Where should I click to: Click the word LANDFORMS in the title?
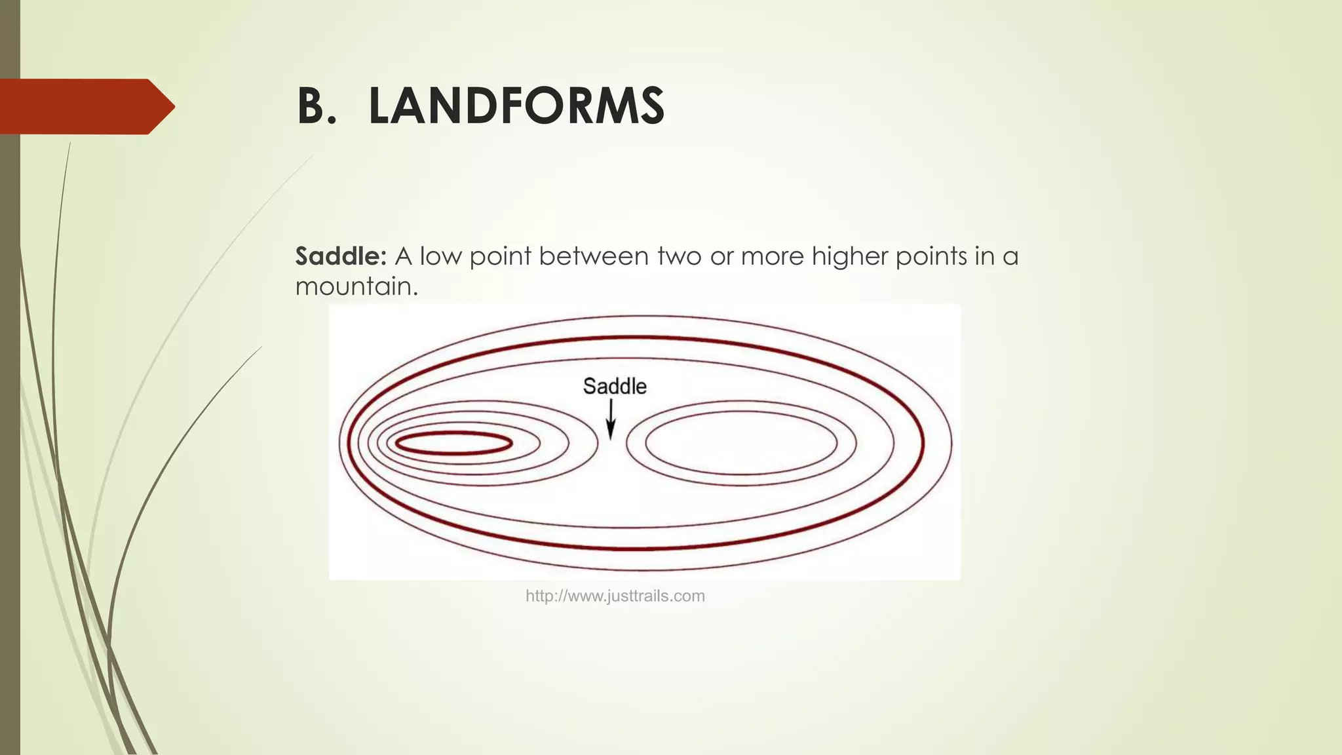tap(516, 106)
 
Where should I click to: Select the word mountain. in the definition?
tap(356, 286)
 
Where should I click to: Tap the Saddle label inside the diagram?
tap(615, 386)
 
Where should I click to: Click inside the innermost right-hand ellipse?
tap(741, 443)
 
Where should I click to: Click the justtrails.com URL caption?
tap(615, 596)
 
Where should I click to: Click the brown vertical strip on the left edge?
tap(9, 393)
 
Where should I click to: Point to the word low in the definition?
tap(440, 256)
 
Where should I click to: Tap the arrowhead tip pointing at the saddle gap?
tap(611, 436)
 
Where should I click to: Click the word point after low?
tap(499, 256)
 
